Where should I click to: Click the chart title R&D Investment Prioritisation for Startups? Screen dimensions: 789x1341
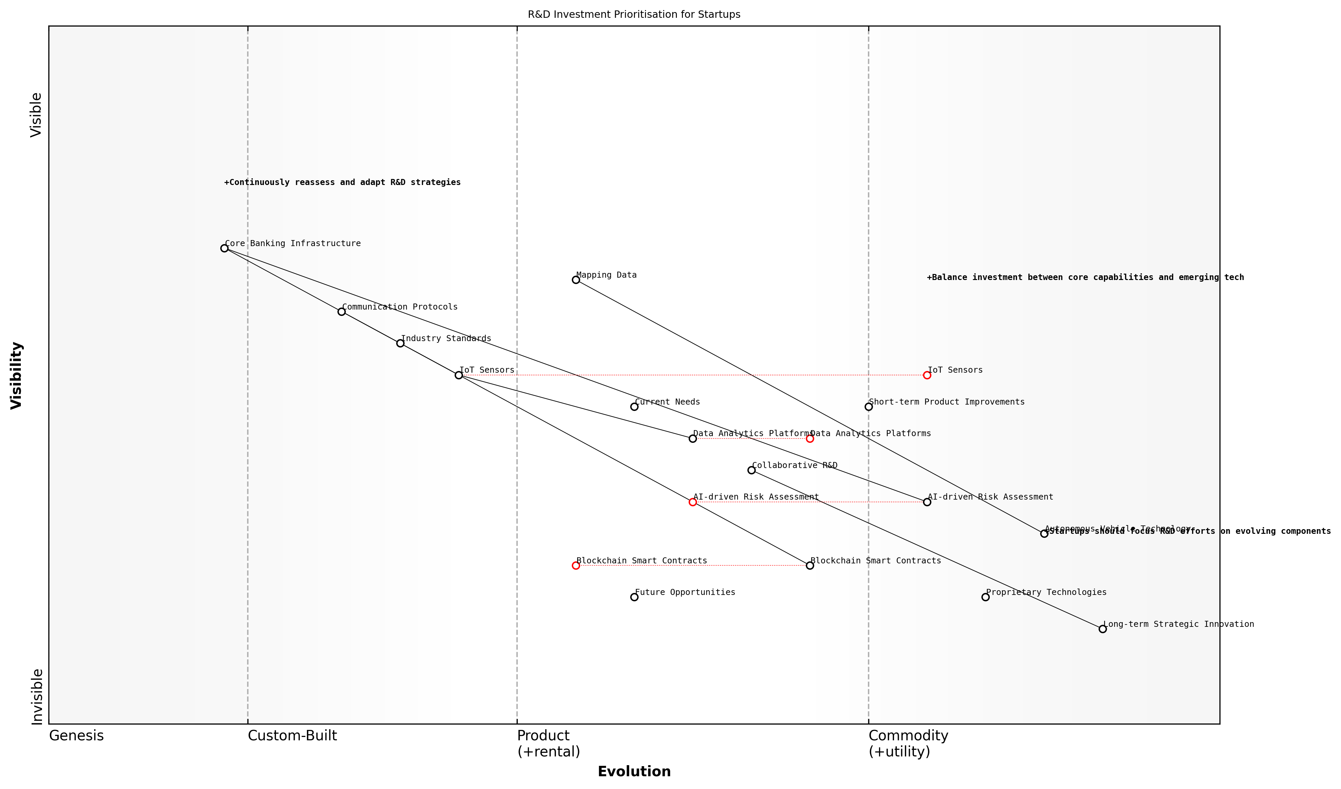[634, 14]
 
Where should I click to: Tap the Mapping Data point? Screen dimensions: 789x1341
[576, 280]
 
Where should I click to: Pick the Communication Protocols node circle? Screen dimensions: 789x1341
[342, 312]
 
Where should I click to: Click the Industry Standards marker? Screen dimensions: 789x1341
[400, 343]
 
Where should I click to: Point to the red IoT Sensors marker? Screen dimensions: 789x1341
[927, 375]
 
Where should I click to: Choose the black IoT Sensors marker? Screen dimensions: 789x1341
[459, 375]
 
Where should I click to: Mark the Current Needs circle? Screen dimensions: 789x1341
[634, 407]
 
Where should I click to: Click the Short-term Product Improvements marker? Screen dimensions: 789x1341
[869, 407]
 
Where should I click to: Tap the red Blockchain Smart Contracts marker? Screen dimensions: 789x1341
[576, 565]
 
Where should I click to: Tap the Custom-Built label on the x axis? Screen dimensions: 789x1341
[292, 736]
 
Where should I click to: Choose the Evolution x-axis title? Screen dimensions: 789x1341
[634, 772]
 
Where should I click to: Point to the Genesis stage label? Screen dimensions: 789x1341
[76, 736]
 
